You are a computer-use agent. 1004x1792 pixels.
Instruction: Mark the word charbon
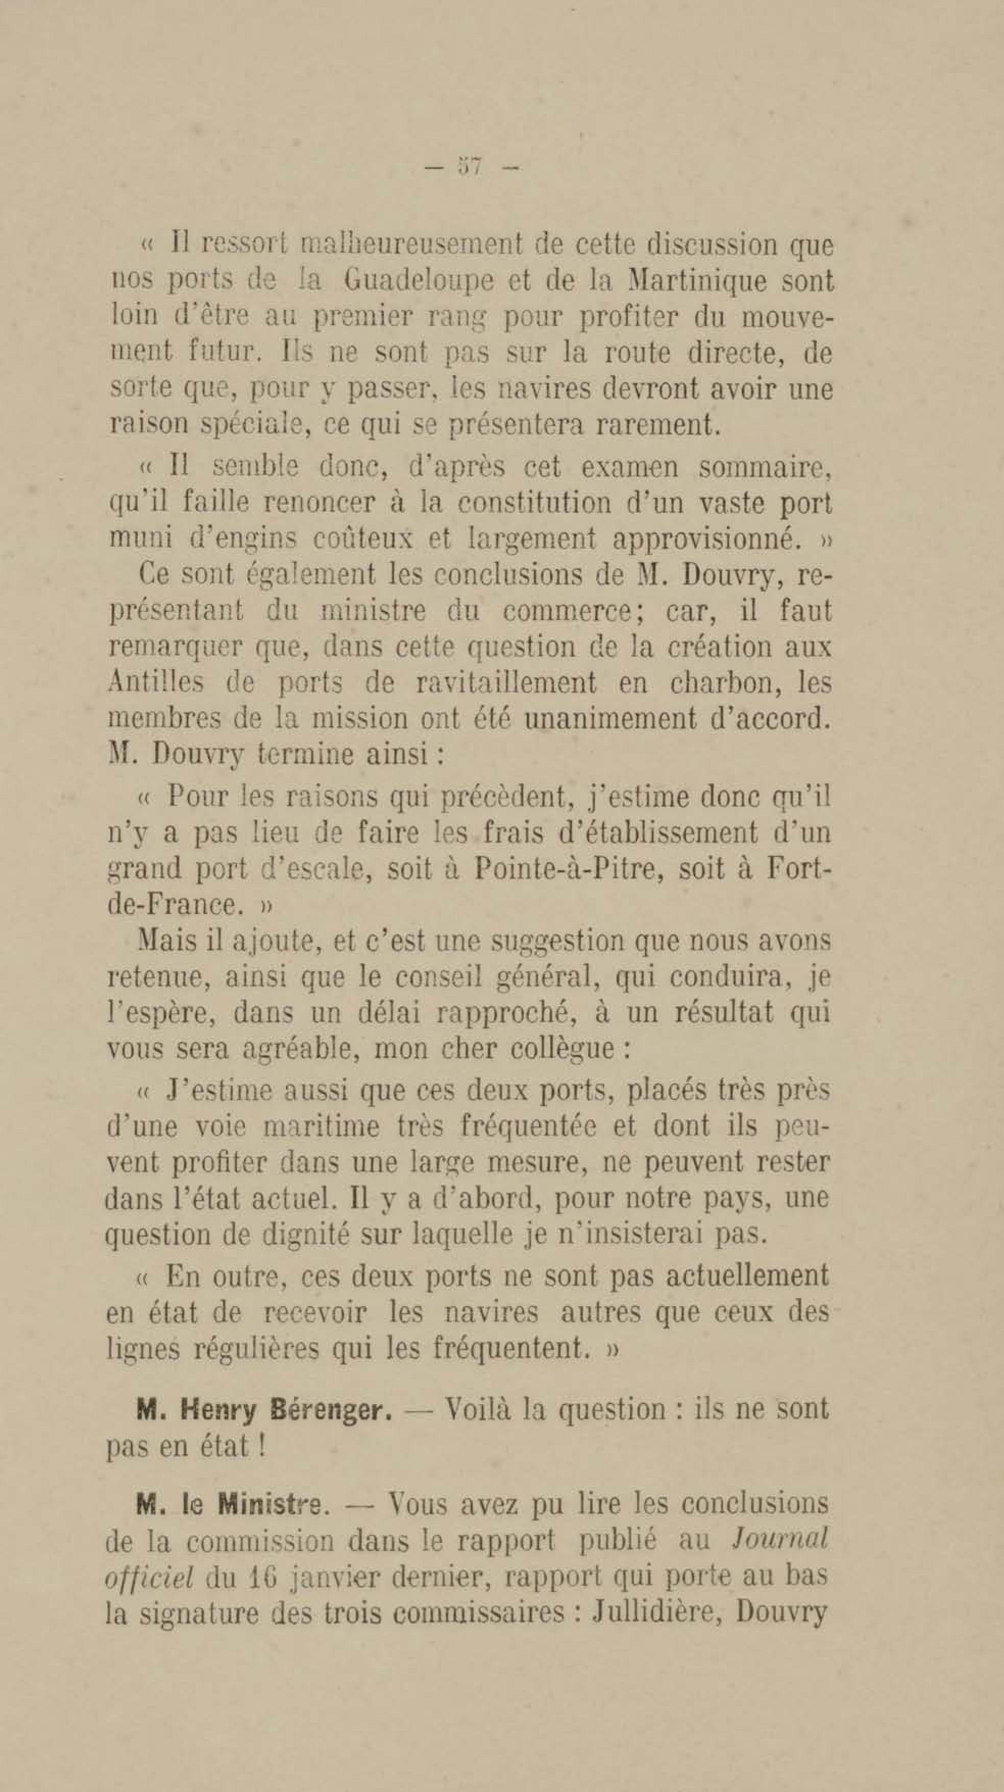(x=724, y=682)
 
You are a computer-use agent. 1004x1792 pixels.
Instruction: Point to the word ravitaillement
(x=506, y=683)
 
